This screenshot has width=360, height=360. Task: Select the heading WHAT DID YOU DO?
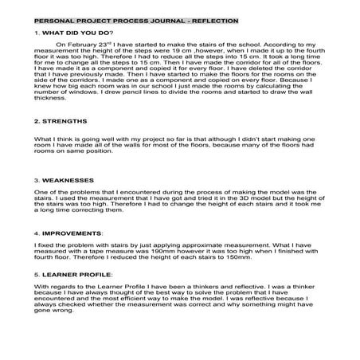(76, 33)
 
